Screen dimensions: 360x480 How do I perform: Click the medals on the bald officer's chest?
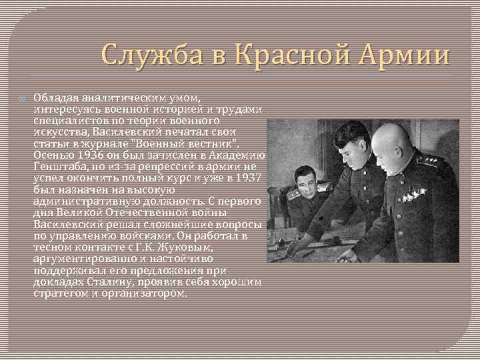coord(413,195)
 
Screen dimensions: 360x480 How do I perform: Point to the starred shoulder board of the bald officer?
coord(431,159)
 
